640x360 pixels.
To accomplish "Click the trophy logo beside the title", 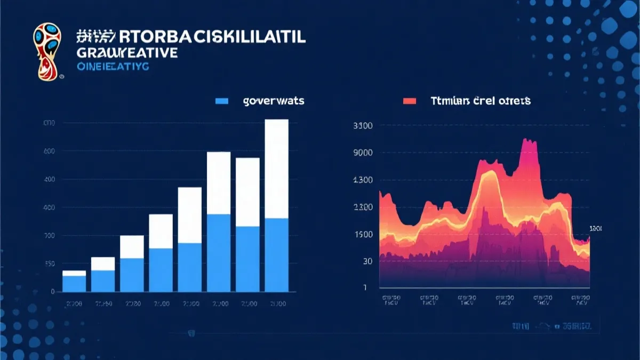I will (46, 52).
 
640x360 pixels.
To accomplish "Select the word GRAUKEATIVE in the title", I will (127, 53).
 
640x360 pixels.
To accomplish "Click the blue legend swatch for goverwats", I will (221, 100).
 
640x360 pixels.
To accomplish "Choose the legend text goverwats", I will (273, 100).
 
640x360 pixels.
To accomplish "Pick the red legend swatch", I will (410, 100).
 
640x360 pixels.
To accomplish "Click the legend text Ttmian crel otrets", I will (480, 100).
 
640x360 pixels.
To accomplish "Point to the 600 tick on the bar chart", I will (49, 151).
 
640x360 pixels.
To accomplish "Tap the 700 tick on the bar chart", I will (49, 236).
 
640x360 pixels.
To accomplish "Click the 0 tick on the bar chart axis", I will (52, 292).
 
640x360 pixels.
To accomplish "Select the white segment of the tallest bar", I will (276, 169).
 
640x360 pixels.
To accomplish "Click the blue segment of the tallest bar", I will (276, 255).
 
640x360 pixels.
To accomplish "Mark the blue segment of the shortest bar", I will (74, 284).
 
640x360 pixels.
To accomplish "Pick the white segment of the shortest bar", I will (74, 273).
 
